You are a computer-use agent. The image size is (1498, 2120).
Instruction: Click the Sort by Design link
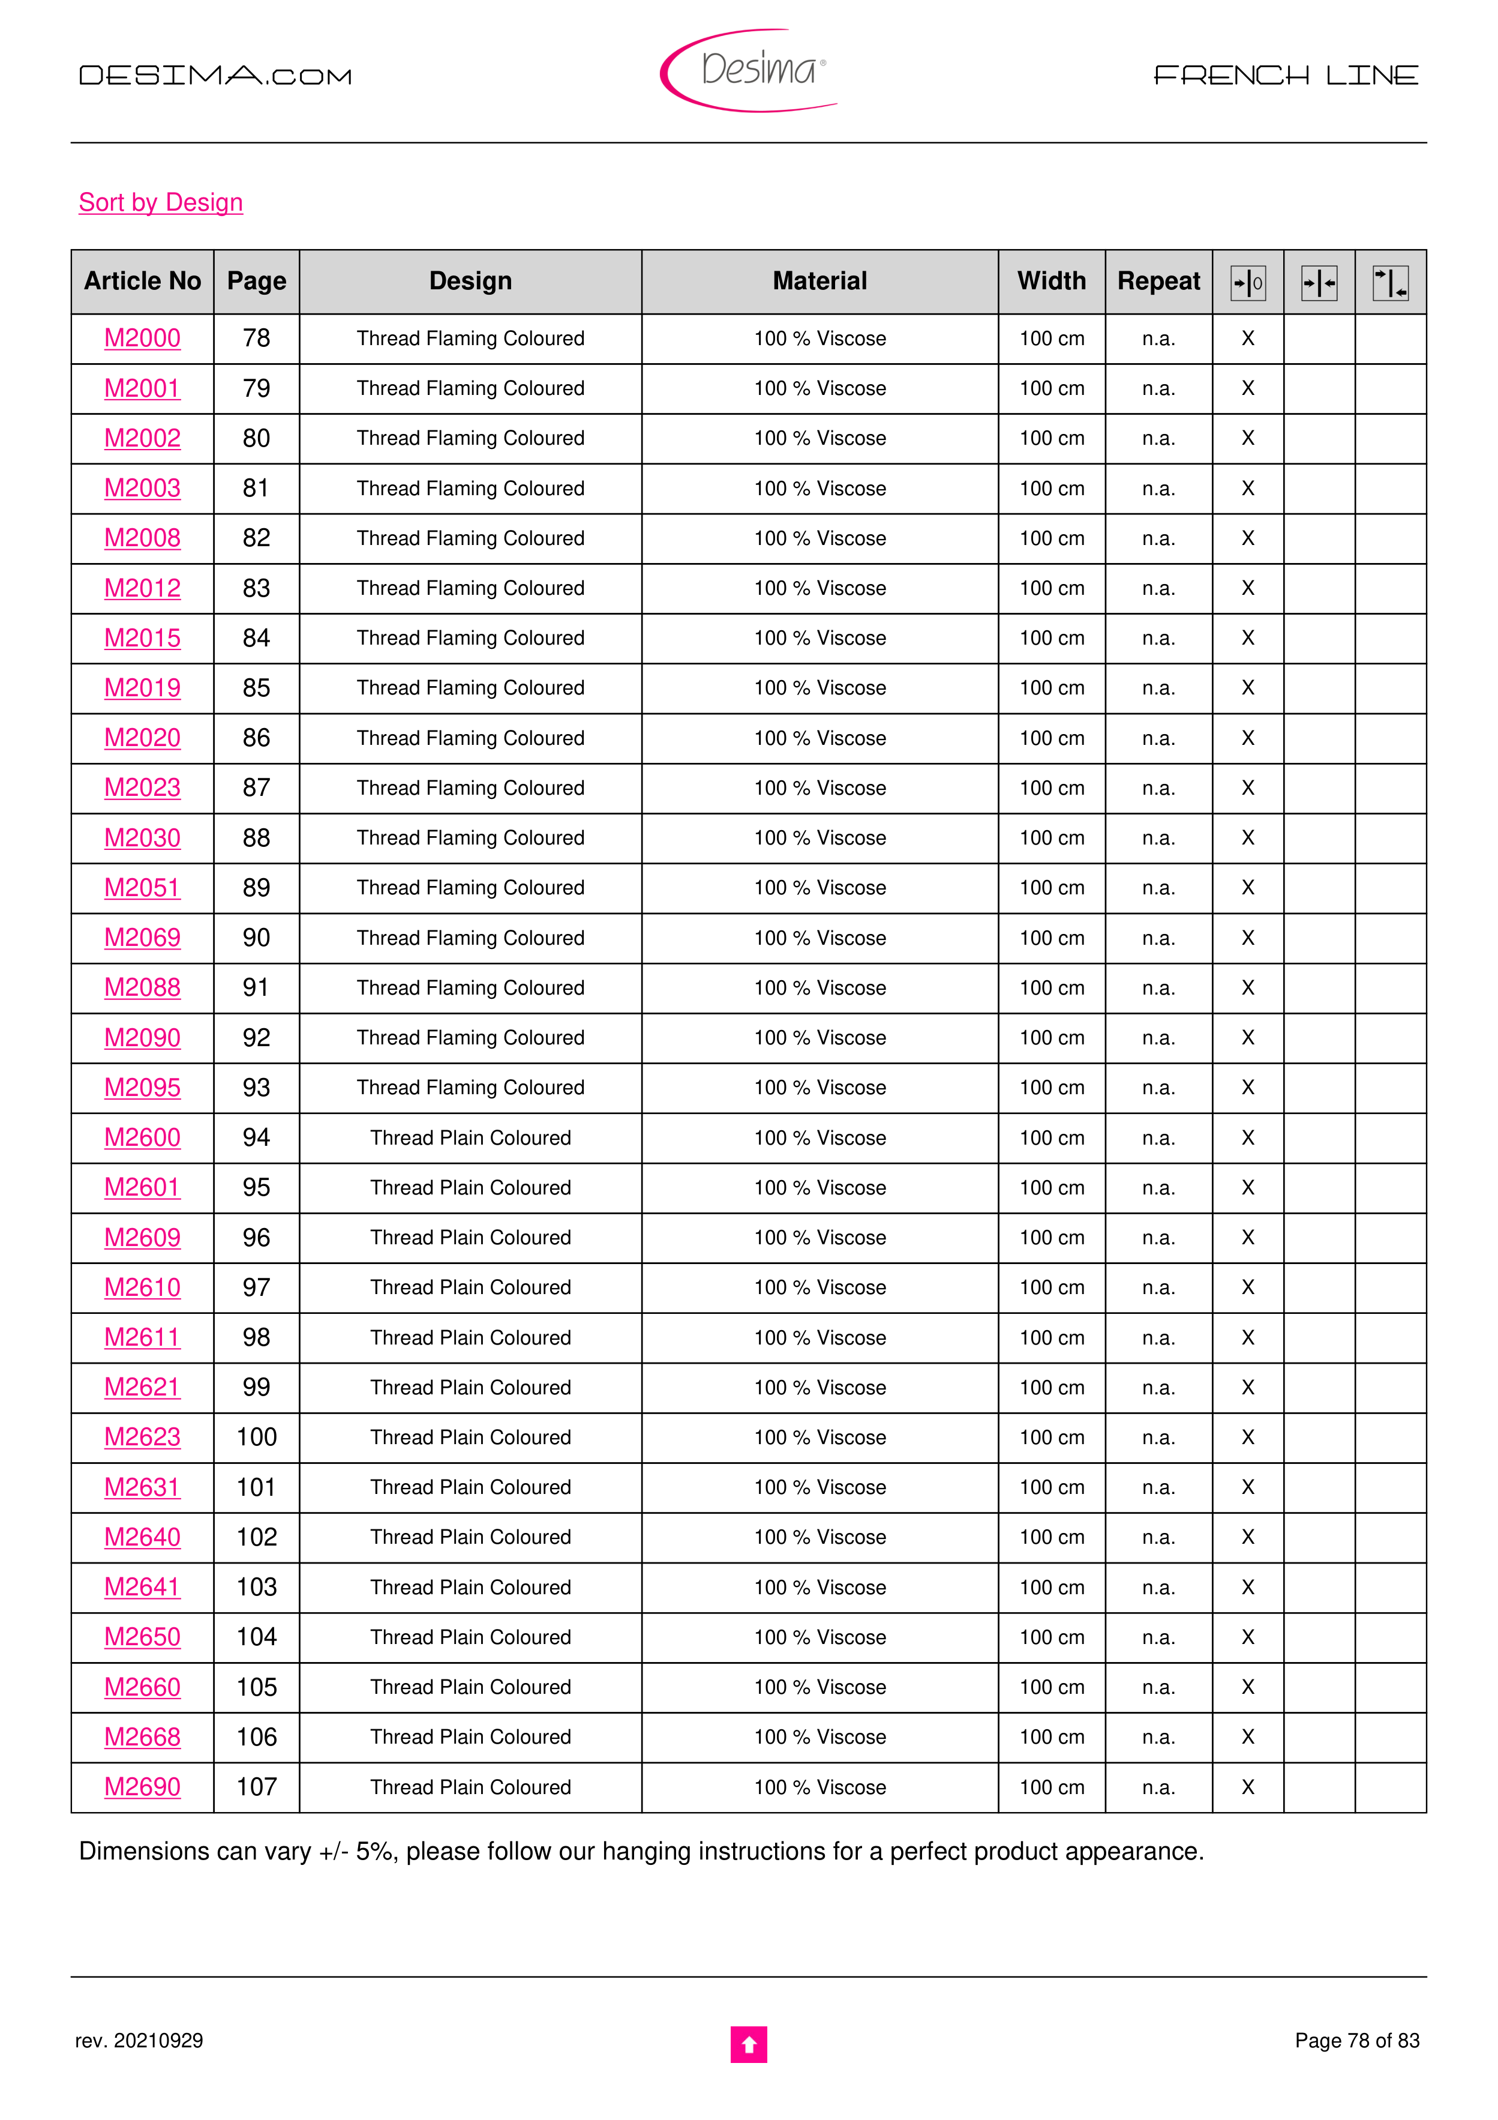[161, 202]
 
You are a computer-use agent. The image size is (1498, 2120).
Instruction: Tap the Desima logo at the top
[749, 70]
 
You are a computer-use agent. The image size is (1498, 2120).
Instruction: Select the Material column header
[819, 282]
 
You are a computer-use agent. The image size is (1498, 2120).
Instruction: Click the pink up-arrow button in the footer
[749, 2044]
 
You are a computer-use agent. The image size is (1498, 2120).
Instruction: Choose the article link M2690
[142, 1787]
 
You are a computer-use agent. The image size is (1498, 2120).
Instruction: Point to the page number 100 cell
[257, 1438]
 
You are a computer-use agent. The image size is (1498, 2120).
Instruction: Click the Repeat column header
[1158, 282]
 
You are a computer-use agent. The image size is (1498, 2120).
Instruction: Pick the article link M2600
[142, 1137]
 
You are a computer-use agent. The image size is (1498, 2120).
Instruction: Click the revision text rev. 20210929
[139, 2041]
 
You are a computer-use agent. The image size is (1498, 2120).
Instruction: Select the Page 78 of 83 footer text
[1357, 2041]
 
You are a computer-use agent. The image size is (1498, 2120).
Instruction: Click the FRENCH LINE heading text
[1286, 76]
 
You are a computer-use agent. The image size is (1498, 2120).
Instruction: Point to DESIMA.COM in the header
[215, 76]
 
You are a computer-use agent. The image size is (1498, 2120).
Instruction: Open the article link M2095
[142, 1088]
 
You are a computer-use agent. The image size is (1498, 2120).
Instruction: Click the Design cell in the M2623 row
[471, 1438]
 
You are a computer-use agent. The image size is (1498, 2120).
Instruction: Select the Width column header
[1051, 282]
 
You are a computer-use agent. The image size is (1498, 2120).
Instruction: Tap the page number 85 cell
[257, 688]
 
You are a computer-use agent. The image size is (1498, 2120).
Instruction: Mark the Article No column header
[142, 282]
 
